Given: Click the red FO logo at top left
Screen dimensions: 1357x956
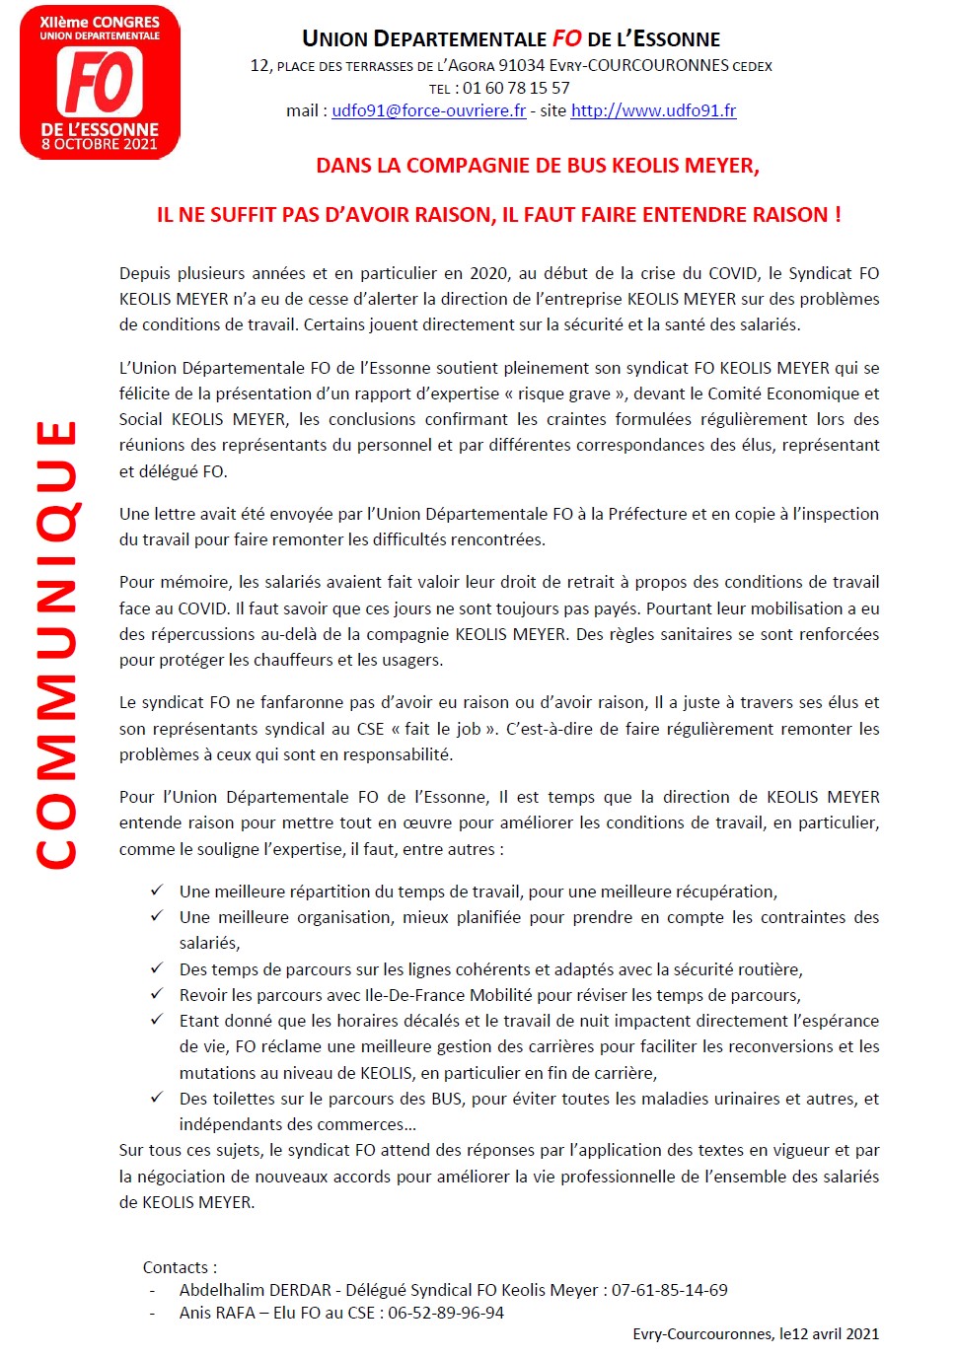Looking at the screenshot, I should (x=100, y=82).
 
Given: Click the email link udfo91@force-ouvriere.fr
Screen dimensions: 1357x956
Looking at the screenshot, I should (x=428, y=110).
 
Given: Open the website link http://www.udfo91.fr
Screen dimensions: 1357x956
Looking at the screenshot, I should (x=653, y=110).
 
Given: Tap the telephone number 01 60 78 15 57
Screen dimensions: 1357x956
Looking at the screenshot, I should (x=516, y=88).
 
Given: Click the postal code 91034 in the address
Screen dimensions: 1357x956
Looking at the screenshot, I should (x=521, y=65).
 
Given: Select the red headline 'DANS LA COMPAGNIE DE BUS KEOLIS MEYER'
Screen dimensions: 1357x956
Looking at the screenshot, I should (x=538, y=166).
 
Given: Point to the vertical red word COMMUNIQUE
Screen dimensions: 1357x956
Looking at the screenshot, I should (x=56, y=645).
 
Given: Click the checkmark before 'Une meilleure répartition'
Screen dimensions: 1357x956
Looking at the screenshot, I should (x=157, y=891).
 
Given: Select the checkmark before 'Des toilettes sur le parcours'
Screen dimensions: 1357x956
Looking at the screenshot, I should (x=157, y=1098).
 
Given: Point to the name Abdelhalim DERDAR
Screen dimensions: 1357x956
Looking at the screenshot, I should (x=256, y=1290).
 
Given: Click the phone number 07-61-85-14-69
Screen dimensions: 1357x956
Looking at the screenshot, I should (x=669, y=1290).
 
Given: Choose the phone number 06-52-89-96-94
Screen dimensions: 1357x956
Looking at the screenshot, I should (x=446, y=1313).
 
